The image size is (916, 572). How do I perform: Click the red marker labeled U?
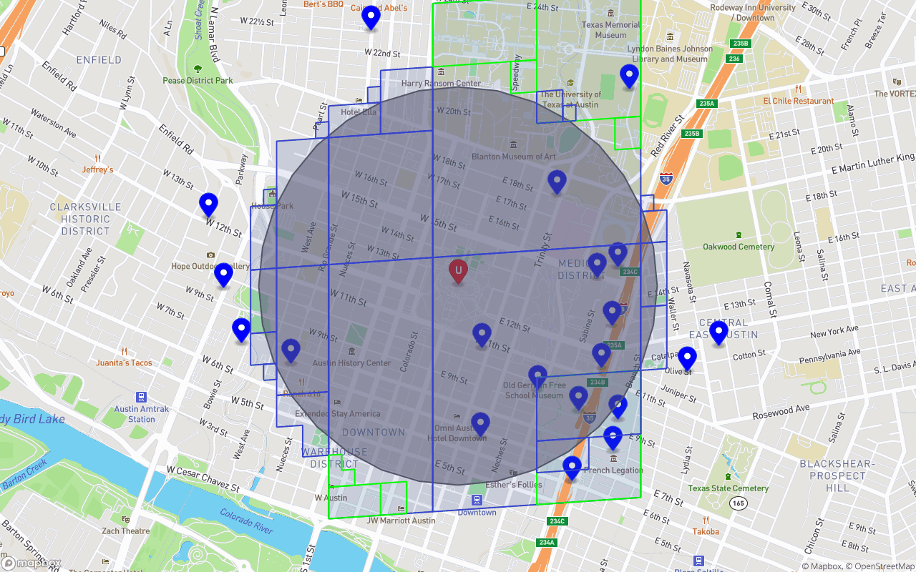click(x=458, y=271)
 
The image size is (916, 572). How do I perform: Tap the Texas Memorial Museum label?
click(x=610, y=29)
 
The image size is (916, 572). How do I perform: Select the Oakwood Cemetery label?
click(x=739, y=247)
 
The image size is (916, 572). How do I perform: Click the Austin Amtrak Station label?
click(x=142, y=414)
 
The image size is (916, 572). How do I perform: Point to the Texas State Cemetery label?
click(x=729, y=488)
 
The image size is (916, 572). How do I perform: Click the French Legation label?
click(x=613, y=470)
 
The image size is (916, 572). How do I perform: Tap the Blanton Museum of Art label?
click(x=513, y=157)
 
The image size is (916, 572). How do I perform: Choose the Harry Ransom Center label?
click(x=441, y=84)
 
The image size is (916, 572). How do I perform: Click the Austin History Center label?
click(x=351, y=363)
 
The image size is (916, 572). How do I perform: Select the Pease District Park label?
click(x=198, y=80)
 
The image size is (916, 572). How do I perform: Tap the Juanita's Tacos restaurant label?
click(x=125, y=363)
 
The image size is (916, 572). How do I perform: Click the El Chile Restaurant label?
click(x=798, y=101)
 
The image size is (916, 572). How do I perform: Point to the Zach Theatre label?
click(x=126, y=531)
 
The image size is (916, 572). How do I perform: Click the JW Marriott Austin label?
click(x=401, y=520)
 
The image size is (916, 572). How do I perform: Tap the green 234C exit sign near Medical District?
click(x=630, y=272)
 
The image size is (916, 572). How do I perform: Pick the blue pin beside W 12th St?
click(x=208, y=204)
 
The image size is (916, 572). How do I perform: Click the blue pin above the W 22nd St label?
click(x=371, y=17)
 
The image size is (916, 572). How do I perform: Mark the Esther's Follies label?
click(x=513, y=484)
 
